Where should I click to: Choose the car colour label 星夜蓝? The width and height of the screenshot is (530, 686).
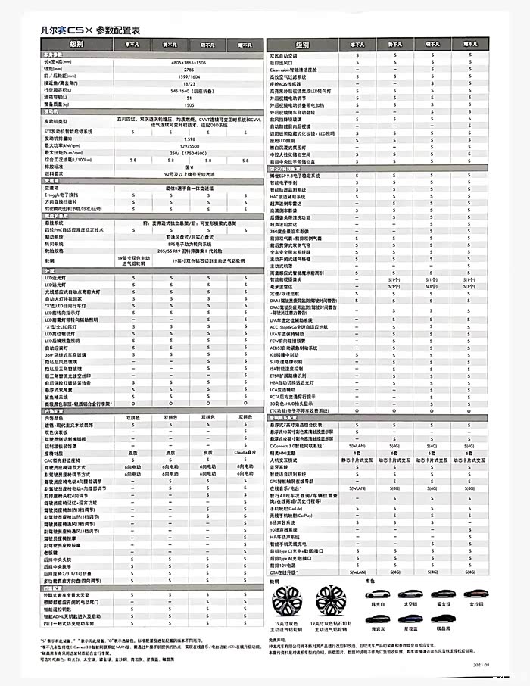coord(410,628)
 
